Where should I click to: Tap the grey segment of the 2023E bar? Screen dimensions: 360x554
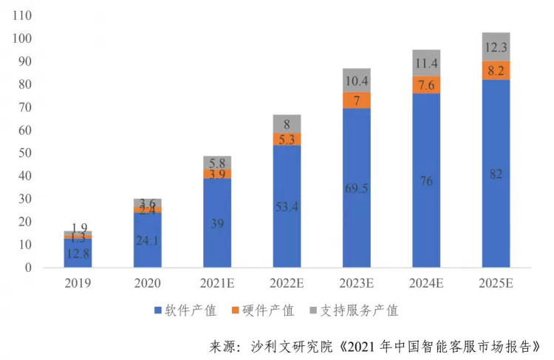(x=357, y=80)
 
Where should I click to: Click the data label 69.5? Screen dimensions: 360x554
(x=357, y=189)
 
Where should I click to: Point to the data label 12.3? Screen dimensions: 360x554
(x=496, y=47)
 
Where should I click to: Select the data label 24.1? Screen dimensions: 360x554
(x=148, y=240)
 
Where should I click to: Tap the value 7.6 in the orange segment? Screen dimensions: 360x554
(x=426, y=85)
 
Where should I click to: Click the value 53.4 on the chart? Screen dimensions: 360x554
(x=287, y=206)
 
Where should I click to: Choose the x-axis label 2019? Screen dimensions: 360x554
(x=78, y=284)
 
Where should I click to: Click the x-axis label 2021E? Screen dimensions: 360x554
(x=217, y=284)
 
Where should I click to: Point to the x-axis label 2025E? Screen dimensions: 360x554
(x=496, y=284)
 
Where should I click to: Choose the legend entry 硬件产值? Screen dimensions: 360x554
(x=269, y=310)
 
